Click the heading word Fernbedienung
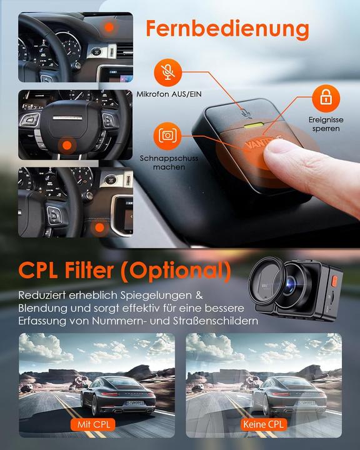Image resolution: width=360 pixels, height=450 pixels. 227,29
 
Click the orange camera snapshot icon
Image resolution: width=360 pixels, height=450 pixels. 166,136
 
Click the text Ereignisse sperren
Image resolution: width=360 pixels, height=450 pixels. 324,124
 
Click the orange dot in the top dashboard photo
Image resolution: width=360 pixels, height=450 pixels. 110,27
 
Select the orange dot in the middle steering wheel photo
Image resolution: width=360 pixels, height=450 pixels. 66,145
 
